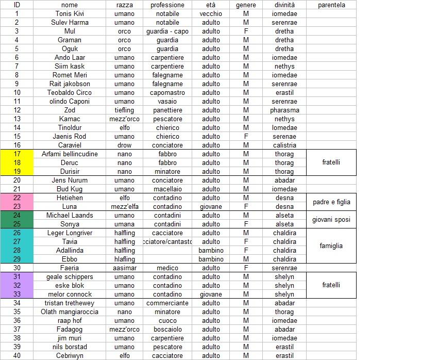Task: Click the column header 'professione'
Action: (x=167, y=5)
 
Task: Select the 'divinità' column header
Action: (x=284, y=5)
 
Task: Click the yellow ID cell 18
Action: (x=17, y=162)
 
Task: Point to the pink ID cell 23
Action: (x=17, y=206)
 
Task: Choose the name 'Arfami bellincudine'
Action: (x=69, y=154)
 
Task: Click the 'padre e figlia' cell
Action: (x=331, y=202)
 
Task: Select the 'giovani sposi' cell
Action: (x=331, y=220)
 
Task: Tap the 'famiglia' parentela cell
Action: (x=331, y=246)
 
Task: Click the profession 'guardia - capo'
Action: (x=167, y=31)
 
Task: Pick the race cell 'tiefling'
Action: (x=124, y=110)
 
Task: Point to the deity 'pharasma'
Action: (x=284, y=110)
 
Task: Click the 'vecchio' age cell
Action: (x=211, y=13)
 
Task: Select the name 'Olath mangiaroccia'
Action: (x=69, y=312)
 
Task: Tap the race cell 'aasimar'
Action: (x=124, y=268)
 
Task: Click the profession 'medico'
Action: (x=167, y=268)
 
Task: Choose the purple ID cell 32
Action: (x=17, y=285)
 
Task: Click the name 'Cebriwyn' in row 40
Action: (x=69, y=355)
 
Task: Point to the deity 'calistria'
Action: (x=284, y=145)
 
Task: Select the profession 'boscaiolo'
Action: (x=167, y=329)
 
